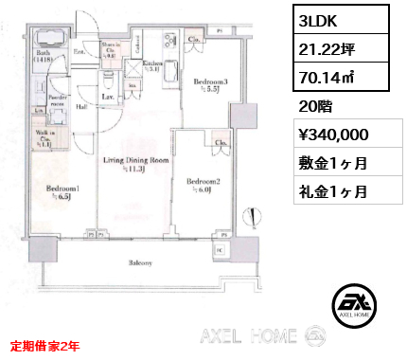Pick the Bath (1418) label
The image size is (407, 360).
[45, 55]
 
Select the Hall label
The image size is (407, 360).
[83, 108]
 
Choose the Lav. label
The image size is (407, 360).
[108, 96]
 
